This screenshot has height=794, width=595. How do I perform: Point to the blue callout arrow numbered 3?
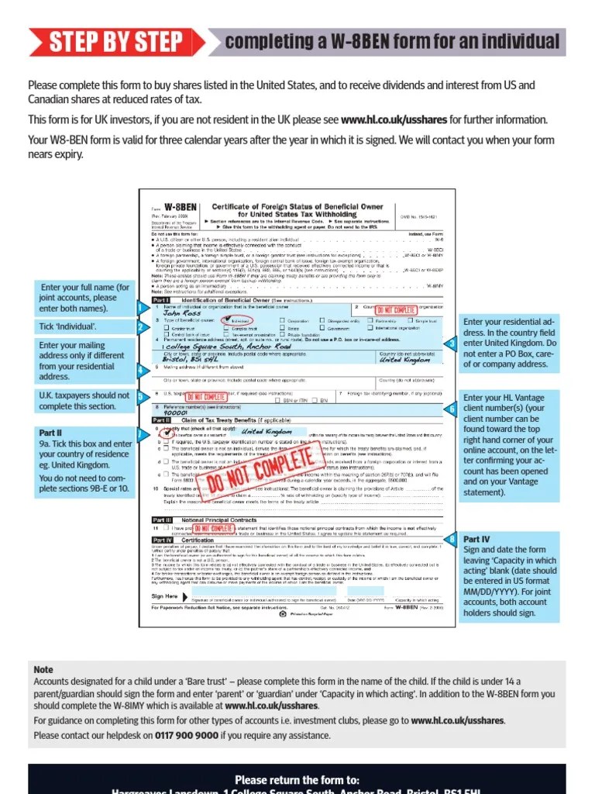click(x=452, y=343)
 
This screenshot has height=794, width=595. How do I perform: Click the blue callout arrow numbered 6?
click(x=452, y=409)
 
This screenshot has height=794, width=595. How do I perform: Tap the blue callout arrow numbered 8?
click(x=452, y=538)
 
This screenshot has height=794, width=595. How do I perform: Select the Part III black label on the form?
click(x=161, y=520)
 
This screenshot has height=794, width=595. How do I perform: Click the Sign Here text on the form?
click(x=164, y=596)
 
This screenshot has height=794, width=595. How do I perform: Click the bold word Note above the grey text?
click(x=43, y=669)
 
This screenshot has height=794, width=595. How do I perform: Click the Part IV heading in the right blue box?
click(x=476, y=538)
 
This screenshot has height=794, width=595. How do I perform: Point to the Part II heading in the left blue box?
click(x=50, y=432)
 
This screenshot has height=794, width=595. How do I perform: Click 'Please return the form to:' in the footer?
click(x=297, y=779)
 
